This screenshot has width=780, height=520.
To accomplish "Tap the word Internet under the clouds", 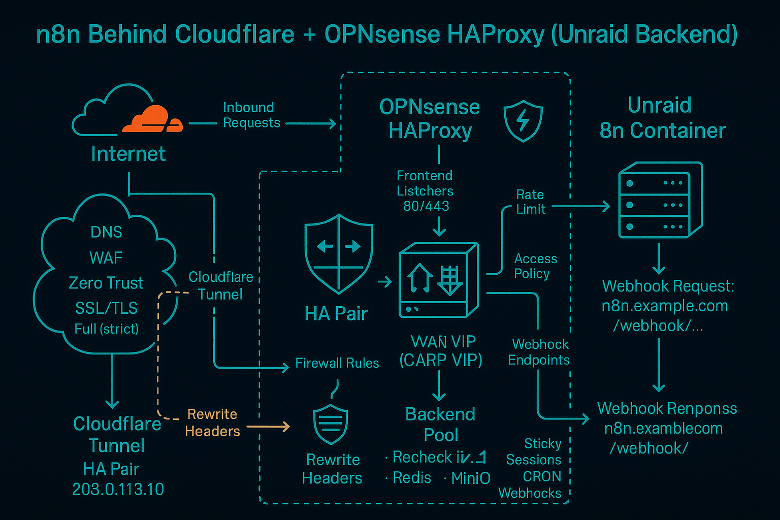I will point(128,154).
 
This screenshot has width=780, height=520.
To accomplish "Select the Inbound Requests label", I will point(251,115).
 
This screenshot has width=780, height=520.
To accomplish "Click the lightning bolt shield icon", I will point(523,120).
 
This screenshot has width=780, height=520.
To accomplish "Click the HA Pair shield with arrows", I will point(338,253).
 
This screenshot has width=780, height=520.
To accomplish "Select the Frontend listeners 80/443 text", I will point(425,191).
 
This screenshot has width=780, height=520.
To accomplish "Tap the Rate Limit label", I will point(531,202).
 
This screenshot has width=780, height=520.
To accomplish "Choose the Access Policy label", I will point(535,266).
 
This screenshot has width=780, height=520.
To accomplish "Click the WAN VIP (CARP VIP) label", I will point(441,351).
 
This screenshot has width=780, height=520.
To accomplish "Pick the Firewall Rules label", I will point(337,363).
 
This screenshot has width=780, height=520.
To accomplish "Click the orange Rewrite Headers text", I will point(212,422).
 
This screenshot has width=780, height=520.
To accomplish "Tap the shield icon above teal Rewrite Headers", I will point(331,425).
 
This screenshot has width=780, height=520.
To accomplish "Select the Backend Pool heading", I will point(440,425).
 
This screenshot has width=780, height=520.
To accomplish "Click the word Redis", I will point(412,478).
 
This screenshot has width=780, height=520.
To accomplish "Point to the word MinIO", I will point(470,478).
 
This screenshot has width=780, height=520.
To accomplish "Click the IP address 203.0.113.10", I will point(118,489).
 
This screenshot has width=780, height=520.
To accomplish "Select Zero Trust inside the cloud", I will point(106,283).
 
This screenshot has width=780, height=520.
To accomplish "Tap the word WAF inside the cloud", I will point(106,258).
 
